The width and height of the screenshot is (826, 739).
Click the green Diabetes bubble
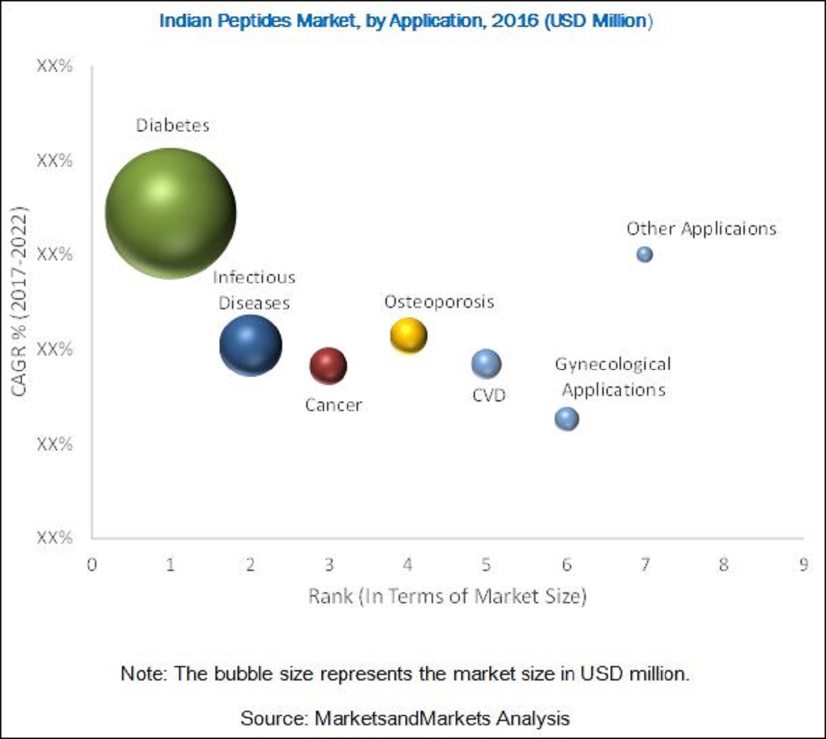pyautogui.click(x=170, y=213)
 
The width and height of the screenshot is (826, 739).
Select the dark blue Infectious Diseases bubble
pyautogui.click(x=251, y=345)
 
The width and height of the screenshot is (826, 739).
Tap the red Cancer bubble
pyautogui.click(x=328, y=365)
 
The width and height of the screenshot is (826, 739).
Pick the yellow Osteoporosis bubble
pyautogui.click(x=408, y=335)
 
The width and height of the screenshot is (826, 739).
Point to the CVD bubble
pyautogui.click(x=486, y=364)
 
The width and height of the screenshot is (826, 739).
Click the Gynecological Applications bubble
pyautogui.click(x=566, y=418)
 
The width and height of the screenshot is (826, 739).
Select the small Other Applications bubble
pyautogui.click(x=644, y=254)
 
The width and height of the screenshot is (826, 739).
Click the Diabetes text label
pyautogui.click(x=173, y=125)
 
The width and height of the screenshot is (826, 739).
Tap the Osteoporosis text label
pyautogui.click(x=439, y=302)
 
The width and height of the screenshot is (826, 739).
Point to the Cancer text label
pyautogui.click(x=333, y=405)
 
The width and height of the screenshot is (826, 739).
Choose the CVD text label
pyautogui.click(x=489, y=395)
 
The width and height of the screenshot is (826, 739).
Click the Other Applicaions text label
pyautogui.click(x=701, y=229)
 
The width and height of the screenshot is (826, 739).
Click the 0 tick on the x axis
pyautogui.click(x=92, y=565)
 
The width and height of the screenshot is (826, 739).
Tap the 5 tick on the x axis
pyautogui.click(x=486, y=565)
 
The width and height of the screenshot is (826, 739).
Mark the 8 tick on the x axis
pyautogui.click(x=723, y=565)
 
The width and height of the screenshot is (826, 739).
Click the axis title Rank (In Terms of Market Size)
pyautogui.click(x=447, y=596)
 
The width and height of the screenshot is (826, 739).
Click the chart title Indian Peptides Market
pyautogui.click(x=405, y=21)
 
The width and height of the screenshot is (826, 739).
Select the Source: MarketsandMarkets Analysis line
pyautogui.click(x=405, y=718)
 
